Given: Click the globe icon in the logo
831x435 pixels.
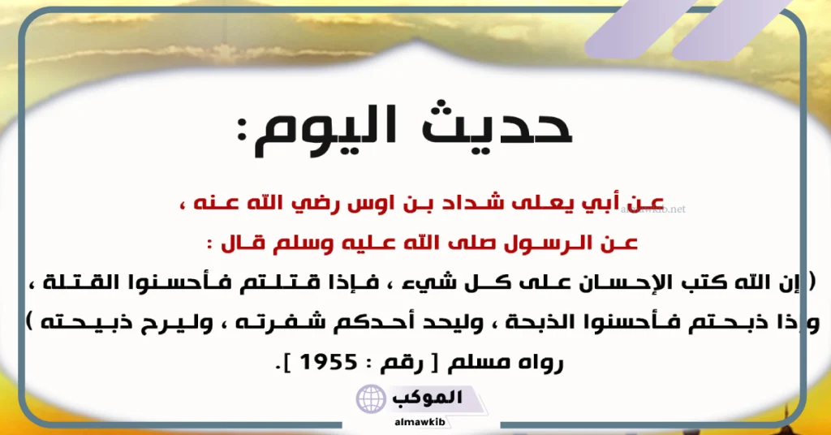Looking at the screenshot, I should coord(372,399).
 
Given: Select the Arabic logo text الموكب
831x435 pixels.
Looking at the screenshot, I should coord(424,397).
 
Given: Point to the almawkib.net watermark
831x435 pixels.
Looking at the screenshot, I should coord(652,209).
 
